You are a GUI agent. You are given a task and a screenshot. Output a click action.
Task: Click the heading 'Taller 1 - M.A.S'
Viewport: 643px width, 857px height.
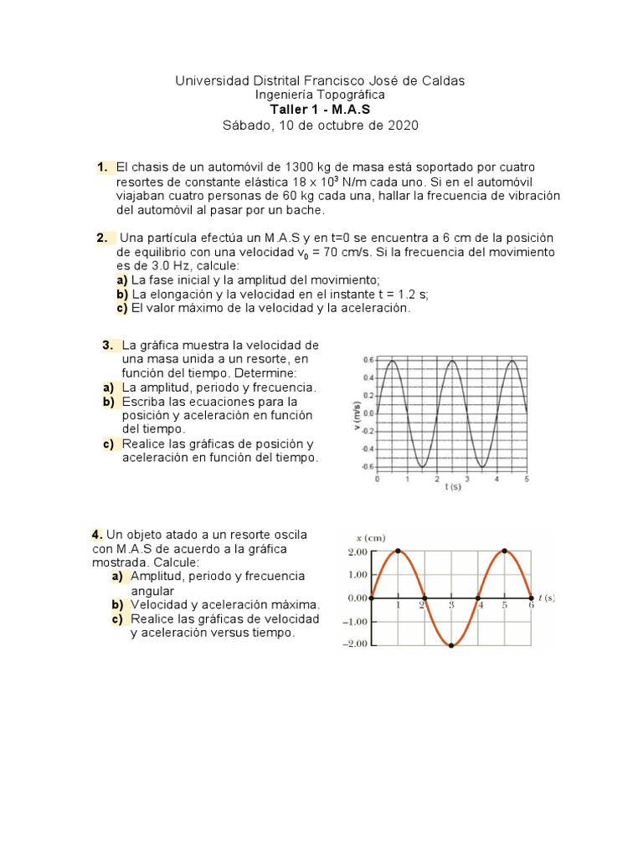tap(319, 110)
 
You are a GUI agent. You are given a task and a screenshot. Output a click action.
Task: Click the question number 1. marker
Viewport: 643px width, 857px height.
tap(102, 167)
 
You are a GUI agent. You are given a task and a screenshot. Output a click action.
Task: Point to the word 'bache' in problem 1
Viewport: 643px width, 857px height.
tap(304, 210)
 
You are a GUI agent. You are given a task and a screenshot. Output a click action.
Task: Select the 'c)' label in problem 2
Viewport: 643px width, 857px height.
tap(122, 308)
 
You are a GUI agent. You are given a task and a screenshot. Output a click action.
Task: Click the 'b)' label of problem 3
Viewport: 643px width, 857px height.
tap(108, 402)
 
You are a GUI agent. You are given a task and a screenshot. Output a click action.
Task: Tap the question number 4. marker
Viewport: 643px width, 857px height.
tap(97, 534)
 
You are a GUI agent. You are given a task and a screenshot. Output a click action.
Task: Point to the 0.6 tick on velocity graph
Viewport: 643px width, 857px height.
tap(369, 360)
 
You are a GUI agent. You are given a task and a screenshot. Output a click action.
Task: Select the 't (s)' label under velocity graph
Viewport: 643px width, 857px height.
tap(453, 487)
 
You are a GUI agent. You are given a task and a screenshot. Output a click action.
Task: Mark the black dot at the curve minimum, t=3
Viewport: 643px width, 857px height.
tap(451, 645)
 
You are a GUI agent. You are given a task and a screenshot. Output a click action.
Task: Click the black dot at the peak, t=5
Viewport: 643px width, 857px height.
tap(505, 551)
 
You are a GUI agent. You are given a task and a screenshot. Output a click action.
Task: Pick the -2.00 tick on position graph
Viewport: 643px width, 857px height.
tap(355, 644)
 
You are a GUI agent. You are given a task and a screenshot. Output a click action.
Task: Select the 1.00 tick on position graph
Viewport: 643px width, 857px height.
tap(358, 574)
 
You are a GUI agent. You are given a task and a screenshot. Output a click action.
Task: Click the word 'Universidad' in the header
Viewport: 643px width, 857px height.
tap(209, 80)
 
